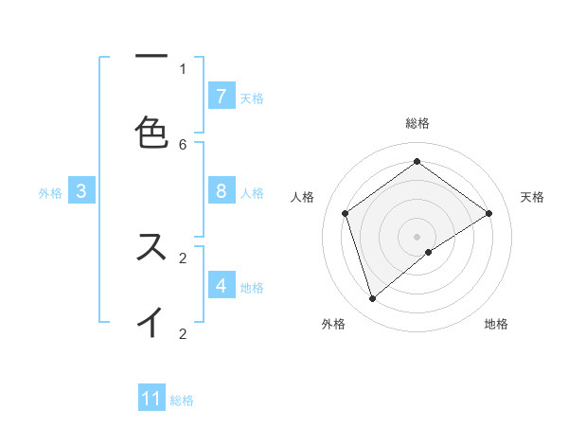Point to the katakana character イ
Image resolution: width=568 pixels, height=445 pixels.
(151, 322)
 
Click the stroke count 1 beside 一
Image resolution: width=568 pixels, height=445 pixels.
(183, 68)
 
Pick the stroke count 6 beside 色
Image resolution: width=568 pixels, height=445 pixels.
(183, 144)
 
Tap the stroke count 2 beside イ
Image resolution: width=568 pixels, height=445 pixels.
(183, 333)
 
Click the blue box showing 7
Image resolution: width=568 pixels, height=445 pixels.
(222, 96)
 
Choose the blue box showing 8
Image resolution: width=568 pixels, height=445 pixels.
(222, 190)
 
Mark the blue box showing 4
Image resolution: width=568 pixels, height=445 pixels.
(222, 285)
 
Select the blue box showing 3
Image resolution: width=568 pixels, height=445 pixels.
(81, 190)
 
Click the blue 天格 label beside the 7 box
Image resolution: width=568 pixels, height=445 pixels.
(252, 98)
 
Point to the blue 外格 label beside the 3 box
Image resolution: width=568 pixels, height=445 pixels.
(50, 192)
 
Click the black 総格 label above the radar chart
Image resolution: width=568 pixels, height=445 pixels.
(417, 123)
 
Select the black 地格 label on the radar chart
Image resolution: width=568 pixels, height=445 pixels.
(496, 324)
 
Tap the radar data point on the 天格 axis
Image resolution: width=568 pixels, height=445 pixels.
(488, 213)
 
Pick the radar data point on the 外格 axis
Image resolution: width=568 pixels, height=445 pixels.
(373, 299)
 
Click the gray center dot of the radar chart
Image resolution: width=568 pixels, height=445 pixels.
(417, 236)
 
